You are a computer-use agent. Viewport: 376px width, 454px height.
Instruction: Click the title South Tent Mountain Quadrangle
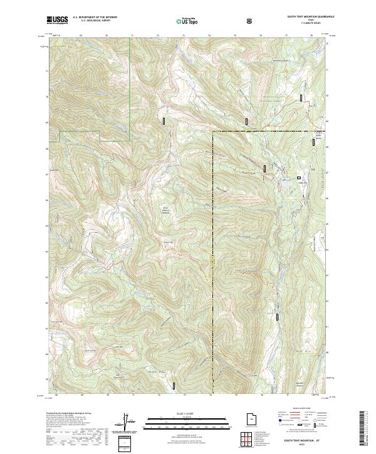tap(311, 16)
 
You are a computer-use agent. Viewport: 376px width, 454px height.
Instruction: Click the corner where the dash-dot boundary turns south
tap(212, 132)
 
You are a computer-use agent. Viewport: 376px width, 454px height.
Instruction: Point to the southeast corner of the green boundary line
tap(130, 140)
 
